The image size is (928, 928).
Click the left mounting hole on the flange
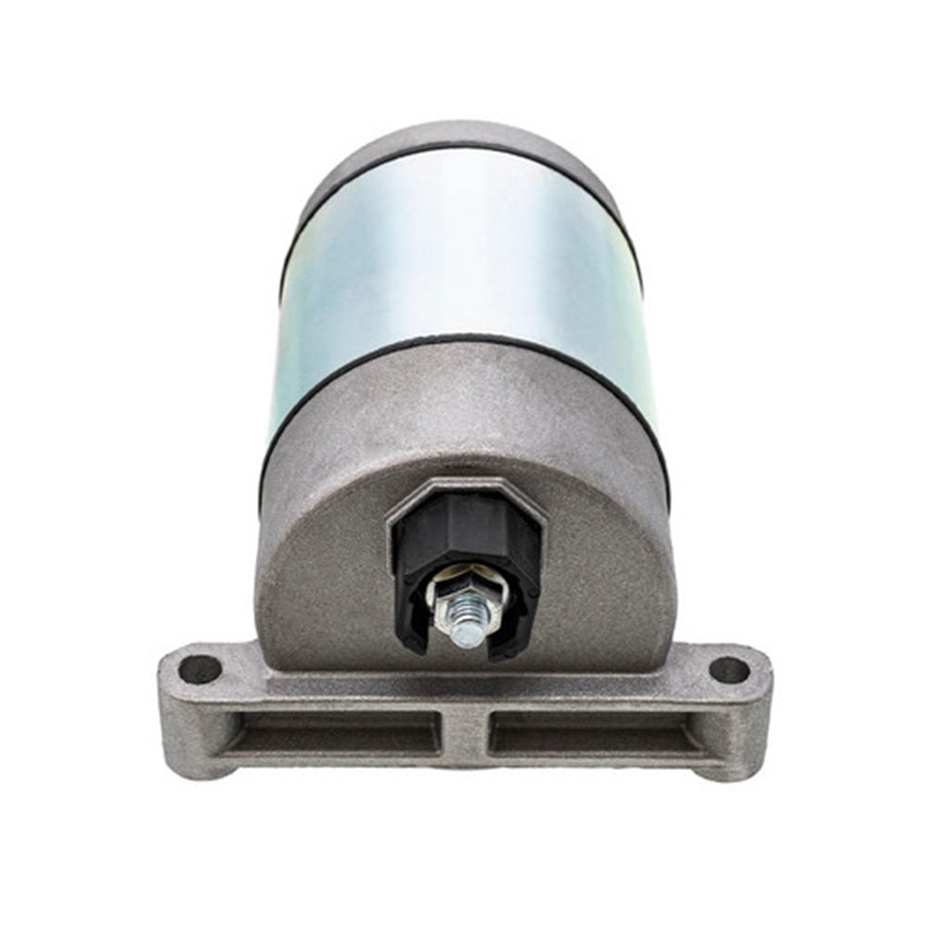pyautogui.click(x=200, y=668)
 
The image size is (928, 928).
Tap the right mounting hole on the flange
pyautogui.click(x=728, y=669)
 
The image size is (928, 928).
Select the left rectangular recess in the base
pyautogui.click(x=334, y=732)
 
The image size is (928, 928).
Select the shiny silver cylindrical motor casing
pyautogui.click(x=464, y=260)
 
